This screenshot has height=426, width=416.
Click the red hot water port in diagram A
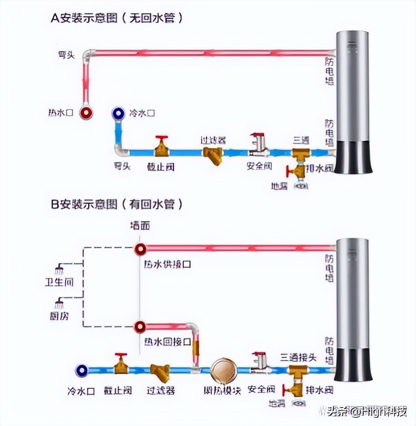coord(87,113)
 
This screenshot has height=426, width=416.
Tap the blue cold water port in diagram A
coord(118,113)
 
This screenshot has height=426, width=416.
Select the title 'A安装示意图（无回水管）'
coord(117,18)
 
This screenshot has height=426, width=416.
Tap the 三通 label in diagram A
coord(301,140)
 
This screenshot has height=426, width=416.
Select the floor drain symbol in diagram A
coord(302,185)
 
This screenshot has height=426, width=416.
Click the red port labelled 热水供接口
coord(140,249)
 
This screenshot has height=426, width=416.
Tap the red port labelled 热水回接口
coord(140,326)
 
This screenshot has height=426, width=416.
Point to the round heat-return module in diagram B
coord(224,371)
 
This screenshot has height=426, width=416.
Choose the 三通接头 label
coord(298,357)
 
